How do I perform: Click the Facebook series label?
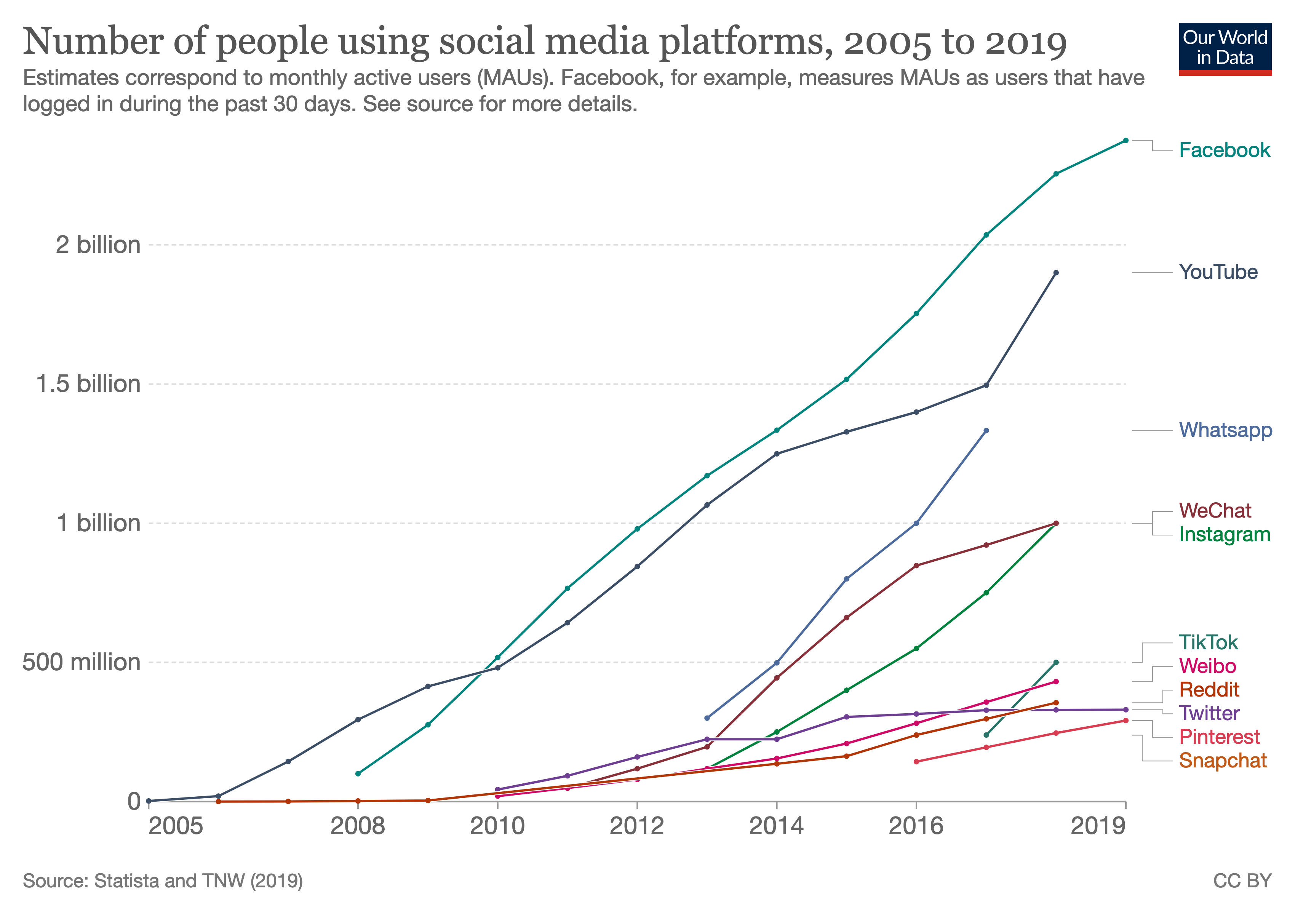pos(1224,150)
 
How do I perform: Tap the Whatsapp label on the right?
pos(1225,430)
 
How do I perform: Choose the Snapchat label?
pos(1222,761)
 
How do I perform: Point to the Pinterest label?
pos(1219,737)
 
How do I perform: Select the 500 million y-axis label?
pos(81,663)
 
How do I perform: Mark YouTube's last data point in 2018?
pos(1056,273)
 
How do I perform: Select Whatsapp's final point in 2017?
pos(986,431)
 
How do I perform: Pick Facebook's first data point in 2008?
pos(358,773)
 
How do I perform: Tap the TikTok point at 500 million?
pos(1056,663)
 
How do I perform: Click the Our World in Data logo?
pos(1225,49)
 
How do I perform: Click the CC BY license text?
pos(1242,881)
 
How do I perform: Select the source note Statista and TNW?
pos(162,881)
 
